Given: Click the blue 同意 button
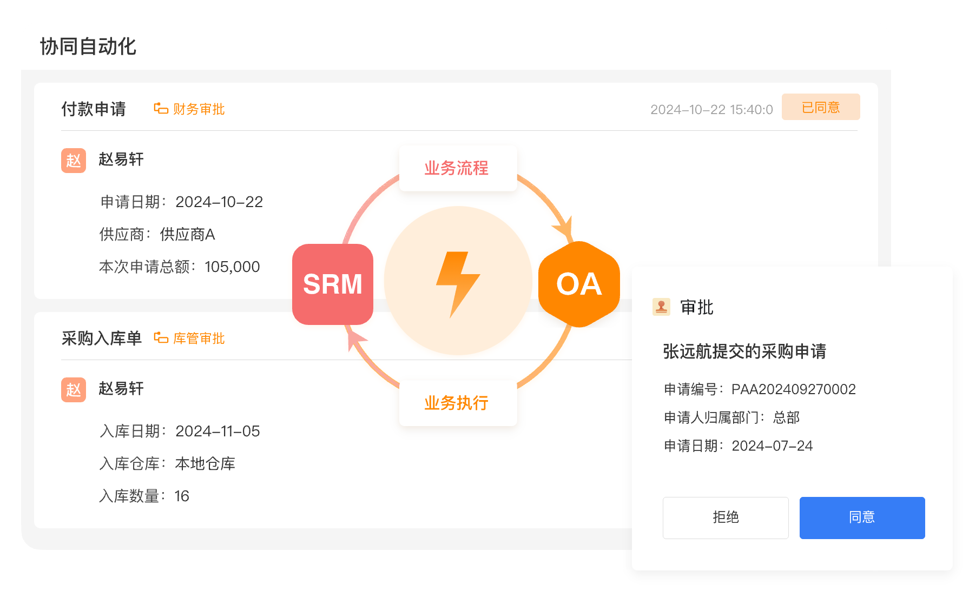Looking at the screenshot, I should point(862,517).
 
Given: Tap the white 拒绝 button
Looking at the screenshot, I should point(726,517).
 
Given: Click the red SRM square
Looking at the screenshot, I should point(333,284).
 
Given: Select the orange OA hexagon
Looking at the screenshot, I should point(579,284).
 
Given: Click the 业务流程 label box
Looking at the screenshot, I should point(458,168).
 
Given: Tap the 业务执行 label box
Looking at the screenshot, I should point(458,403).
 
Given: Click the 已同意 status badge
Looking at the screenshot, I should point(820,107).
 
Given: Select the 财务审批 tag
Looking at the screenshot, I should point(190,109).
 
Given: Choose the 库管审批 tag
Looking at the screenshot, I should point(190,338).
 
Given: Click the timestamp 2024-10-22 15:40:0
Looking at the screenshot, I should point(711,110).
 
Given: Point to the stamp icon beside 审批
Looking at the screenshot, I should point(661,307).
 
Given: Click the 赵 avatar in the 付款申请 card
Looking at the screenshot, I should point(74,161).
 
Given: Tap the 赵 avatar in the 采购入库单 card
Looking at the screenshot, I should point(74,390).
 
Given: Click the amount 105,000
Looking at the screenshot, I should point(232,267).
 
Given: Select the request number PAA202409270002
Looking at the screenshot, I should point(793,389).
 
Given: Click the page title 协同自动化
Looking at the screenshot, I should point(88,47).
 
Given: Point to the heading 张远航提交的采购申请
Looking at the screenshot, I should point(744,351).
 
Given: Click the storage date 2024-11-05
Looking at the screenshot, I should point(217,431).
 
